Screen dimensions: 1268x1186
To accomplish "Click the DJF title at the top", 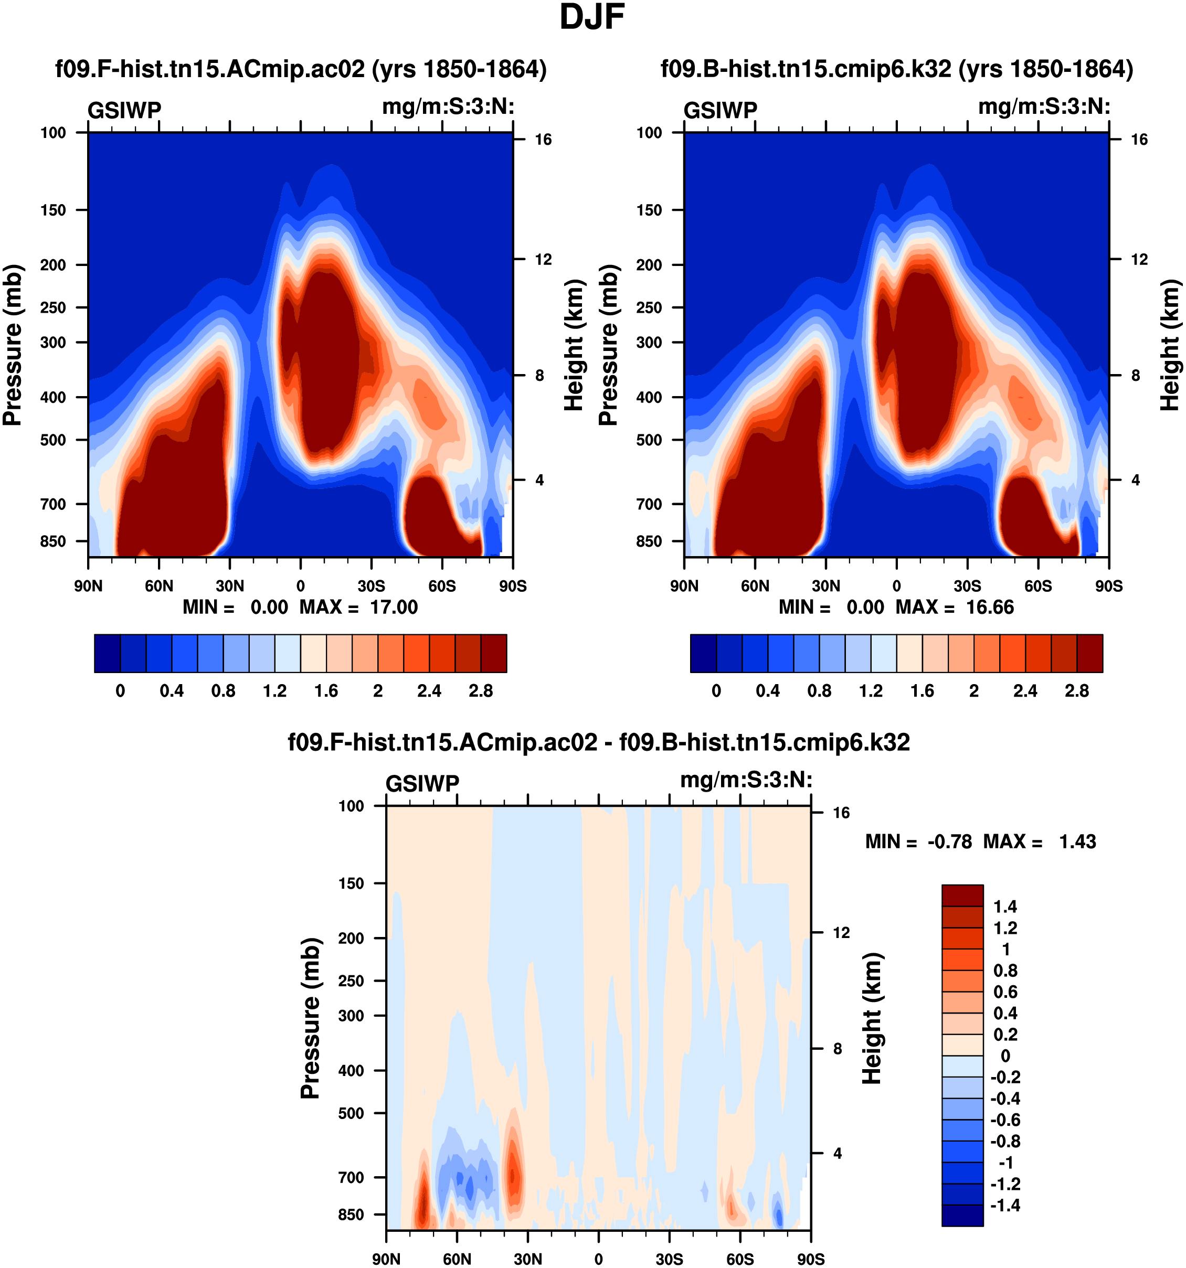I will point(591,17).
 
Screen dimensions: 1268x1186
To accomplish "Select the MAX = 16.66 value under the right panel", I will point(955,606).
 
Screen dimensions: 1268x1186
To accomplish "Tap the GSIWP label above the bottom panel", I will point(422,783).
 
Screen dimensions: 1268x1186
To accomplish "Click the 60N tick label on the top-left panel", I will point(159,585).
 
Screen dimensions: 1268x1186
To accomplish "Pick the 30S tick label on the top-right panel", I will point(967,585).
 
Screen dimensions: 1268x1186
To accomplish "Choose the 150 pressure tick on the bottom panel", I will point(351,883).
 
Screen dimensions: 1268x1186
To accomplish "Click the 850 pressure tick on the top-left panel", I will point(53,541).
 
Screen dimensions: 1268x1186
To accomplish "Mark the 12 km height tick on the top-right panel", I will point(1139,260).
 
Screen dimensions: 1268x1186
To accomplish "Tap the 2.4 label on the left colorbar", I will point(429,691).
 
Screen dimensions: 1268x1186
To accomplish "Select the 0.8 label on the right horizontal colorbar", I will point(819,691).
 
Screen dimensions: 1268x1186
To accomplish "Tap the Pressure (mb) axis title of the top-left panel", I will point(13,345).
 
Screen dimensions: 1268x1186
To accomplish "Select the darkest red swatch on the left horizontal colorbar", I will point(494,653).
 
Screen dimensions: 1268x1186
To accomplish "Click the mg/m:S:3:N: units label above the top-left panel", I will point(448,106).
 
